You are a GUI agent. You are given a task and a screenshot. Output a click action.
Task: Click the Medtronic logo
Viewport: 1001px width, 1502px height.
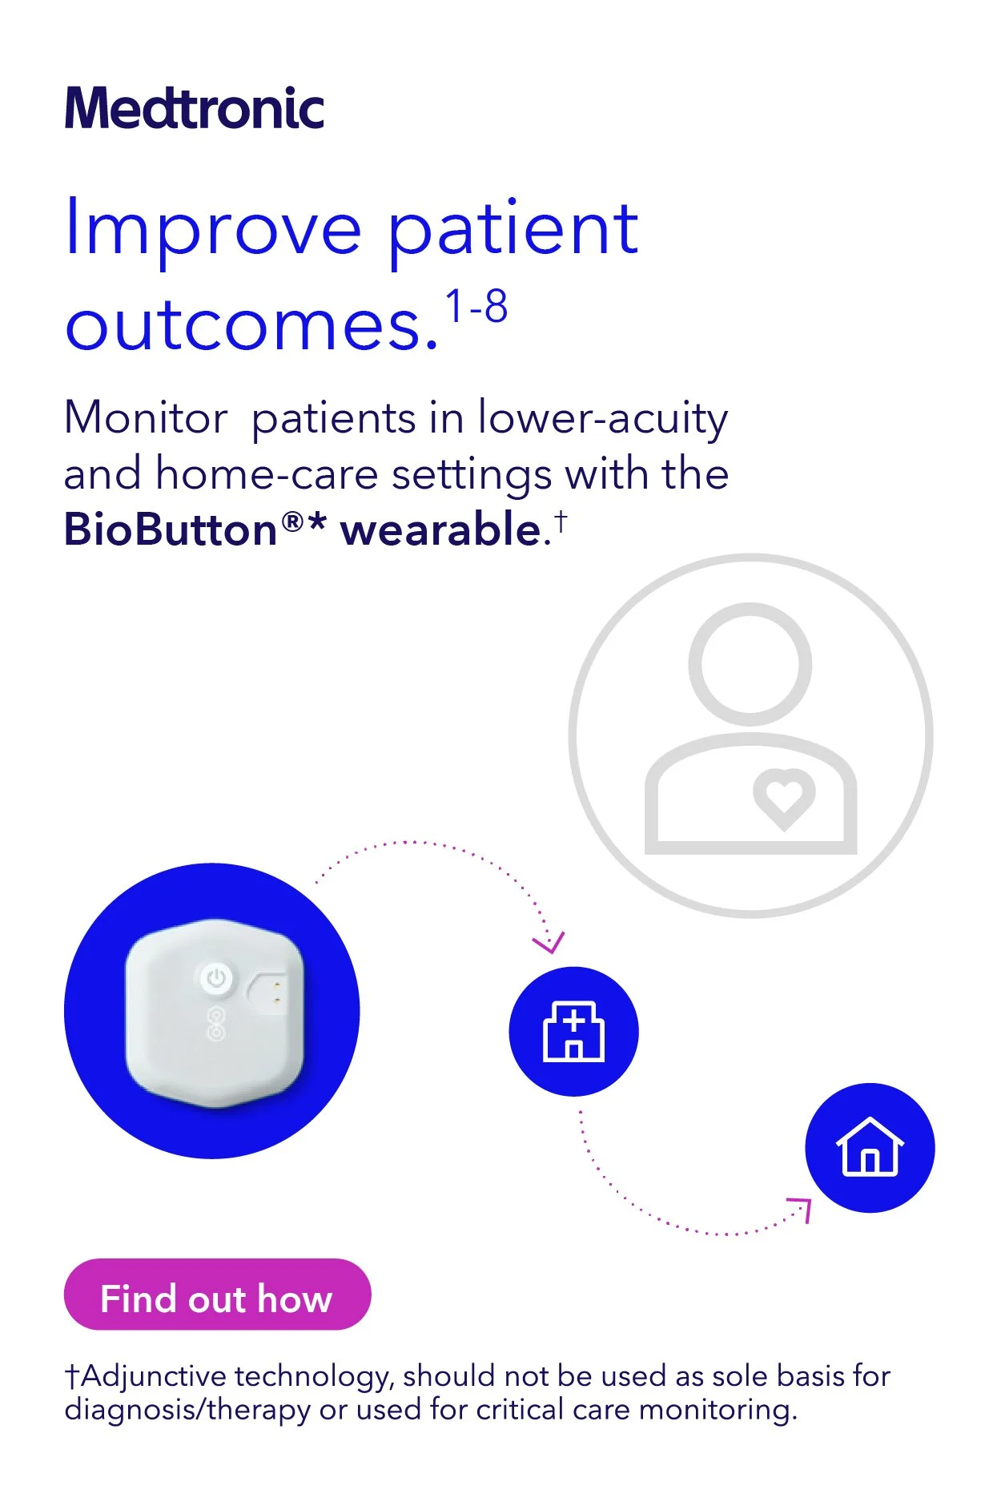pyautogui.click(x=195, y=109)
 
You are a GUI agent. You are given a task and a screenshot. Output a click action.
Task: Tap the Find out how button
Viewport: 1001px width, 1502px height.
pyautogui.click(x=217, y=1299)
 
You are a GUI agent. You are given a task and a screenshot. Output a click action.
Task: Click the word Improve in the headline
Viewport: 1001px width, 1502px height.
pyautogui.click(x=213, y=230)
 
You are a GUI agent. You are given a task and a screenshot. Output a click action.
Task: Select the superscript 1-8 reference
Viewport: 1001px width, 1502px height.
pyautogui.click(x=476, y=307)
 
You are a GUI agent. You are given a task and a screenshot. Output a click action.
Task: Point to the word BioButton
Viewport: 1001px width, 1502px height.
pyautogui.click(x=171, y=530)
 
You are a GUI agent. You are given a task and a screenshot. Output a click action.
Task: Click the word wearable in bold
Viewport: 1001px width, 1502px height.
pyautogui.click(x=441, y=530)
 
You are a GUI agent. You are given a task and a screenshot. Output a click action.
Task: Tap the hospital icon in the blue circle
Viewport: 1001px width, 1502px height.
pyautogui.click(x=573, y=1032)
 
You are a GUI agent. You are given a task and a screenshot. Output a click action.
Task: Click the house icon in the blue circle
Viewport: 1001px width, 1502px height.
pyautogui.click(x=870, y=1147)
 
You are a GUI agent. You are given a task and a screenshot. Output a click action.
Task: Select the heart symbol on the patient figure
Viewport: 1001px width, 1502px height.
pyautogui.click(x=783, y=798)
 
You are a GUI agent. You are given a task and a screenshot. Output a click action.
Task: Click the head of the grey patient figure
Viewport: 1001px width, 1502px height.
pyautogui.click(x=750, y=664)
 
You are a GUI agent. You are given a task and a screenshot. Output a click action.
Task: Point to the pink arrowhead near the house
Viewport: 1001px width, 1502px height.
pyautogui.click(x=801, y=1207)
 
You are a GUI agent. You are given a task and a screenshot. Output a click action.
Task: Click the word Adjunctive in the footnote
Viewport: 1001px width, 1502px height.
pyautogui.click(x=153, y=1377)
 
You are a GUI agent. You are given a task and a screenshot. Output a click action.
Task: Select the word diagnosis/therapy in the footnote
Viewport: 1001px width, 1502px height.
pyautogui.click(x=187, y=1409)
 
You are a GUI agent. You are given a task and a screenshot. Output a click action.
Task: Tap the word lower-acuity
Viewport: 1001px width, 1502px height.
pyautogui.click(x=602, y=418)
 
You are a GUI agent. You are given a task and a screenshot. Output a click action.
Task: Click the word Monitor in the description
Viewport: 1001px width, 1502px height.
pyautogui.click(x=146, y=418)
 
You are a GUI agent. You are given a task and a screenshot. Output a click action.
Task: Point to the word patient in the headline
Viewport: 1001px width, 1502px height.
pyautogui.click(x=513, y=230)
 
